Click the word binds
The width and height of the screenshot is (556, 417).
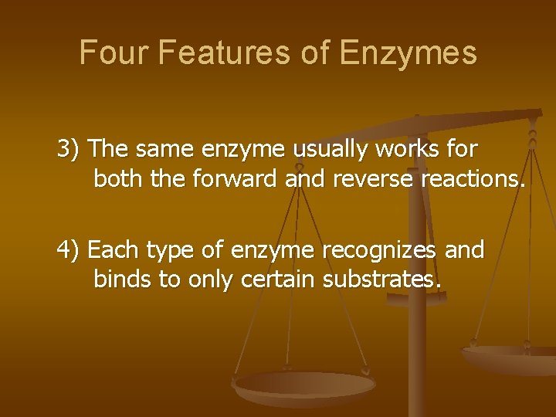click(x=122, y=280)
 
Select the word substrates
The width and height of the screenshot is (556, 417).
click(x=381, y=280)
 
